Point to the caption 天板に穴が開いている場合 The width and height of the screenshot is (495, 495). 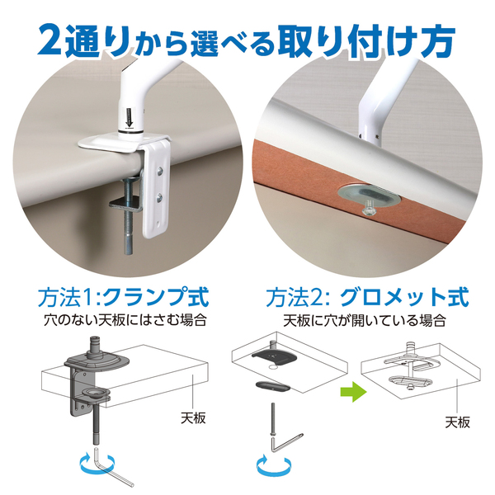click(x=364, y=318)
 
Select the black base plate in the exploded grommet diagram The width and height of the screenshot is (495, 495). click(x=276, y=354)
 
